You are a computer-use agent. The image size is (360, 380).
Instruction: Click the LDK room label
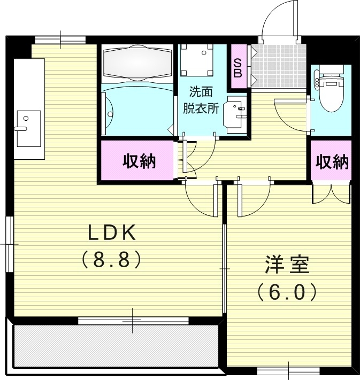113,233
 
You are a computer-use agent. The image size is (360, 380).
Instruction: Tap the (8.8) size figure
112,260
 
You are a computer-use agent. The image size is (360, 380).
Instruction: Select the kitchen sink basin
28,128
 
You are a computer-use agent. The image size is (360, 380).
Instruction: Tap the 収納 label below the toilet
332,161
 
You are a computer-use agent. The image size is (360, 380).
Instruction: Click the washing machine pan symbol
196,59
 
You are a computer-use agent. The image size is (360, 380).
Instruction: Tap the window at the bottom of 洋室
289,370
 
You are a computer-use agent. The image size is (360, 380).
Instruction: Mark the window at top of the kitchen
60,40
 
